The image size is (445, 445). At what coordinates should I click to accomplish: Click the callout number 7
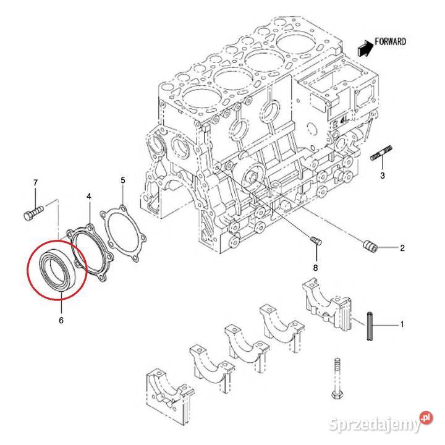(35, 182)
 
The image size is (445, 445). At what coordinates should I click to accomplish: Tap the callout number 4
(89, 196)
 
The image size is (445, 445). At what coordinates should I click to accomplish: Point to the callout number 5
(122, 180)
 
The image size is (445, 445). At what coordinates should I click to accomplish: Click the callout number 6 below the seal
(61, 320)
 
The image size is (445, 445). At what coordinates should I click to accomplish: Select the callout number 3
(383, 176)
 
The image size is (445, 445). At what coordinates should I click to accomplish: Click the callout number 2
(402, 248)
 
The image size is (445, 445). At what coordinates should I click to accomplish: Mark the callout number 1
(402, 324)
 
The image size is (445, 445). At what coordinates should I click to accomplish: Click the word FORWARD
(391, 42)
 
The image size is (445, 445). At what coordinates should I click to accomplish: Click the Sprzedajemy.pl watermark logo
(376, 423)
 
